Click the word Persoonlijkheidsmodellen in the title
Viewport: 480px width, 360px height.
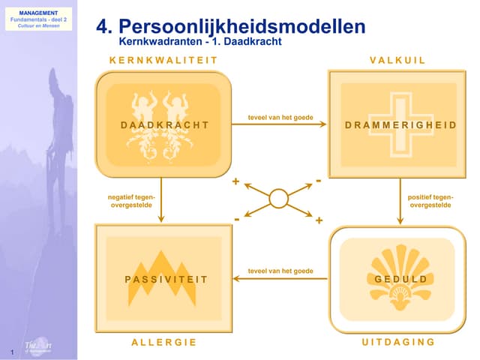point(242,27)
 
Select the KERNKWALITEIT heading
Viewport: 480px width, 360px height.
point(163,60)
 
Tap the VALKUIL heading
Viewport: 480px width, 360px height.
point(397,60)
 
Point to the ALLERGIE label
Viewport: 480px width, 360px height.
point(163,342)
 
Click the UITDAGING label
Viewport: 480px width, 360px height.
point(398,342)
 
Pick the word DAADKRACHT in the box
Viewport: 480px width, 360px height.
point(164,124)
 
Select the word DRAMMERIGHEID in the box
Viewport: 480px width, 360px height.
point(400,124)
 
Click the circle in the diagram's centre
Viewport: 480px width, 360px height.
point(278,199)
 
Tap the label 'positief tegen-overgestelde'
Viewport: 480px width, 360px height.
point(430,200)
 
